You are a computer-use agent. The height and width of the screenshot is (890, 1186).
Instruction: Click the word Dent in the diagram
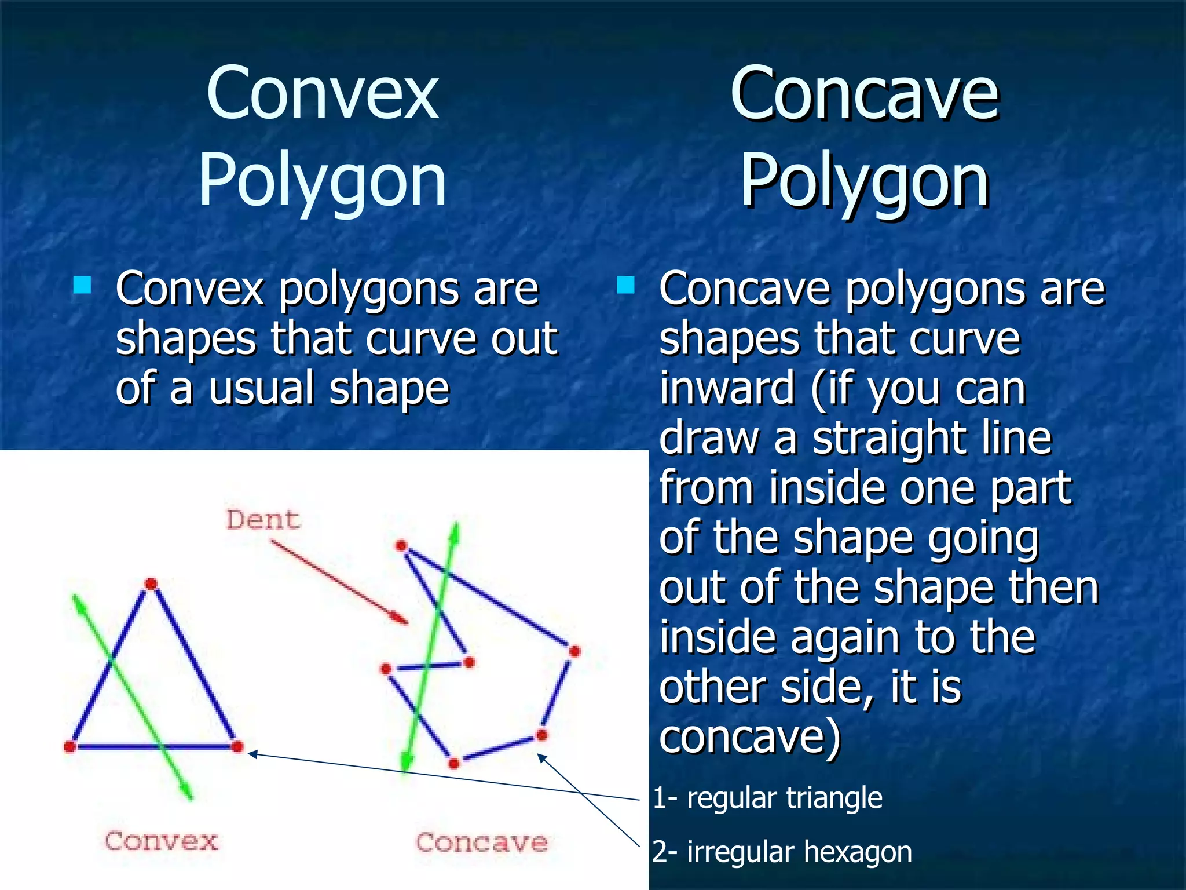point(263,520)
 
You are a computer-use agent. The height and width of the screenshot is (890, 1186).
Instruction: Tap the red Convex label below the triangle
point(161,841)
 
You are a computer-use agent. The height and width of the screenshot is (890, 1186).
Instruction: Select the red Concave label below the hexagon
point(481,842)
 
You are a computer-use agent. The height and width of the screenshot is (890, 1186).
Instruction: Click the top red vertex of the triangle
point(151,583)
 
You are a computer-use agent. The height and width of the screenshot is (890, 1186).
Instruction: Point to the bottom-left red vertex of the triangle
point(70,747)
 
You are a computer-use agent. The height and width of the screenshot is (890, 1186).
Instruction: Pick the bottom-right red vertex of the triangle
point(237,747)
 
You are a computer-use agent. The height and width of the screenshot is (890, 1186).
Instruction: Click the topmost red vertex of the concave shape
point(401,546)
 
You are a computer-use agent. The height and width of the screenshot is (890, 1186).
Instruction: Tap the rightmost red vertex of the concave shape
point(574,652)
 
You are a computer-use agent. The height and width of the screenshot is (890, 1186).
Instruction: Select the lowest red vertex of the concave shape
point(454,764)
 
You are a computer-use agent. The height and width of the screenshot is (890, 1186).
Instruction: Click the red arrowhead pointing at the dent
point(400,619)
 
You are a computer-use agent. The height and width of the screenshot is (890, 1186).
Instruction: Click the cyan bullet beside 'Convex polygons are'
point(82,285)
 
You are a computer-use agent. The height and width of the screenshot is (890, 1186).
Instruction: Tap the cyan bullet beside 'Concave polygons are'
point(625,285)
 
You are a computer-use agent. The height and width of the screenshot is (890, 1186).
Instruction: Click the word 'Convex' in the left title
point(323,94)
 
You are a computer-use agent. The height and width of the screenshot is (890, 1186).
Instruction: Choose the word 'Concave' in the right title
point(865,94)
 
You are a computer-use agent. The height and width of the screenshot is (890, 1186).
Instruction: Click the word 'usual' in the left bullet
point(262,388)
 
